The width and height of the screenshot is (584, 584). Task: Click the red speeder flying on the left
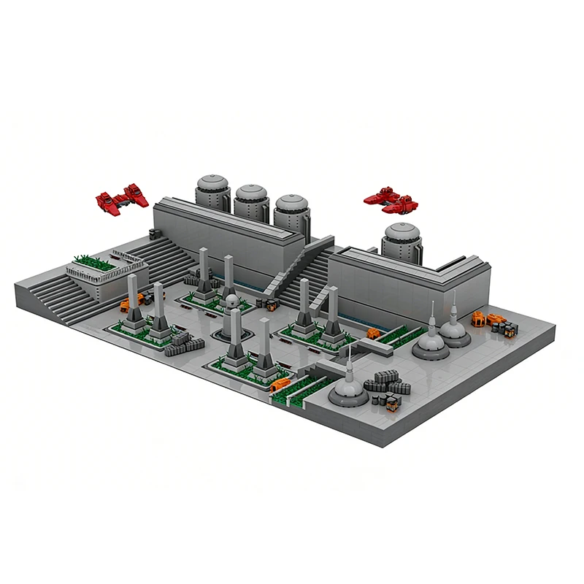pos(123,196)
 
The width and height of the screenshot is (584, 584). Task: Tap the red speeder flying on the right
pos(391,197)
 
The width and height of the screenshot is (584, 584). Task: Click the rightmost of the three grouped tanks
pos(291,211)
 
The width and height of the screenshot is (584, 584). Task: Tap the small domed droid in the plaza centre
pos(231,301)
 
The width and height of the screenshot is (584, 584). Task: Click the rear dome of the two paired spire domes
pos(453,329)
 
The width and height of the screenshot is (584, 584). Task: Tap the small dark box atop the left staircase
pos(153,233)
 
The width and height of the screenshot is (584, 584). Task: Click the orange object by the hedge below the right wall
pos(373,334)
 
